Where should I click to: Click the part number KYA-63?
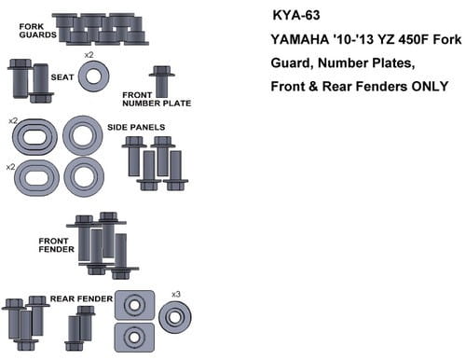296,15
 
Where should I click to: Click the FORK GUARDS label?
37,31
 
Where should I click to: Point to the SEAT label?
62,77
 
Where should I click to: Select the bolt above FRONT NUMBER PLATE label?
162,81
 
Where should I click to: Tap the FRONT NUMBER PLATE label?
157,99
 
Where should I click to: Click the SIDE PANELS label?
136,127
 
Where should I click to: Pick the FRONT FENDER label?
57,245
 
